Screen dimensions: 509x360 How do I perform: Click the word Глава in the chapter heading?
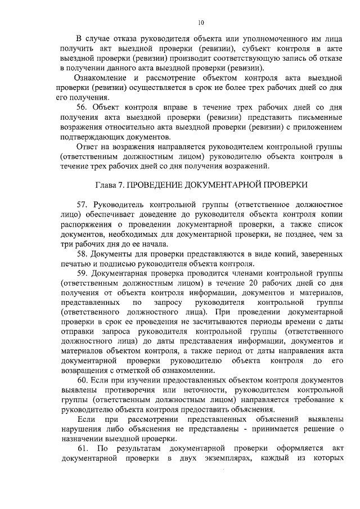coord(107,185)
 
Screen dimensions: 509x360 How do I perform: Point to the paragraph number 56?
coord(82,106)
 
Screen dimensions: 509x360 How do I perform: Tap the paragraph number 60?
coord(82,380)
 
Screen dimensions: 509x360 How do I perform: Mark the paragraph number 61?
coord(82,449)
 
